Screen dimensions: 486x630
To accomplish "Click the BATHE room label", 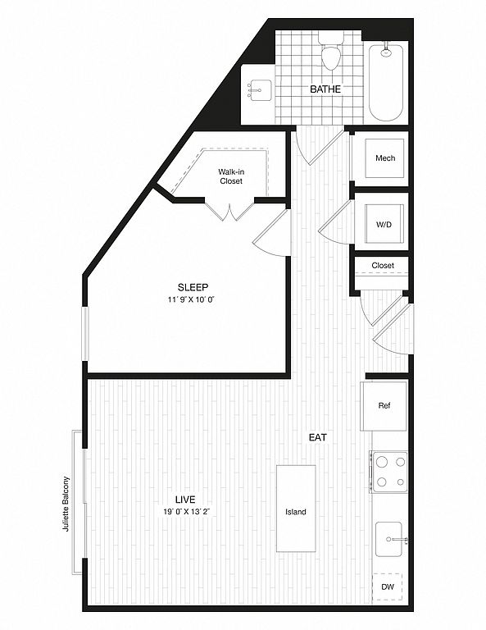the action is pyautogui.click(x=325, y=89).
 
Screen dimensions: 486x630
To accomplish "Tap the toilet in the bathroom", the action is pyautogui.click(x=331, y=52).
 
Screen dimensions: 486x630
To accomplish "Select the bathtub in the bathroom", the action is pyautogui.click(x=386, y=82).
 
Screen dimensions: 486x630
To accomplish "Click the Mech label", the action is pyautogui.click(x=385, y=157).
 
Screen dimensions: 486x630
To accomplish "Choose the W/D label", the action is pyautogui.click(x=384, y=225).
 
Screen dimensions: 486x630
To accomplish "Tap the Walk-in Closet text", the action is pyautogui.click(x=231, y=176).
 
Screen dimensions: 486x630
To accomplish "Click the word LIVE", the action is pyautogui.click(x=185, y=500).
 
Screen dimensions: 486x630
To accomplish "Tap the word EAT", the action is pyautogui.click(x=318, y=437).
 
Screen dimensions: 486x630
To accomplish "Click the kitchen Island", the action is pyautogui.click(x=296, y=509).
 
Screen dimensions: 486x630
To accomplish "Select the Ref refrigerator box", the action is pyautogui.click(x=384, y=406).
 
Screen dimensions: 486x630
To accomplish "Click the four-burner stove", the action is pyautogui.click(x=388, y=472).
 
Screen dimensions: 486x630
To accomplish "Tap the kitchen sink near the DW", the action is pyautogui.click(x=388, y=539).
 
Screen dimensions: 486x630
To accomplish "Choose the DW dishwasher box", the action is pyautogui.click(x=388, y=587).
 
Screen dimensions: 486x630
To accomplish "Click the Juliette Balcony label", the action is pyautogui.click(x=66, y=504).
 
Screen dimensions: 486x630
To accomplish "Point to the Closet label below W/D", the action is pyautogui.click(x=383, y=265).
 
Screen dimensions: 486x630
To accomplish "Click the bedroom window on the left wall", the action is pyautogui.click(x=85, y=334).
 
